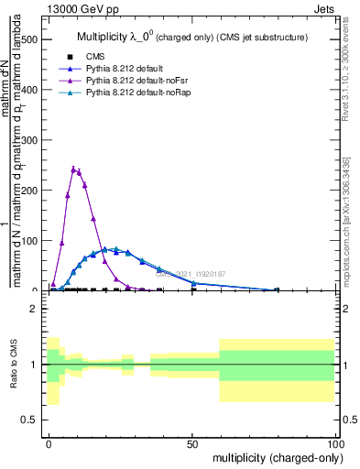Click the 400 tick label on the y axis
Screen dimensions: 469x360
coord(28,91)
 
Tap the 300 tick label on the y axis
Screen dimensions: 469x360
coord(28,141)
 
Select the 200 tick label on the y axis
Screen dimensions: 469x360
coord(28,191)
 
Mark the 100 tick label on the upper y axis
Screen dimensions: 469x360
coord(28,241)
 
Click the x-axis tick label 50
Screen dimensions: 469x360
coord(192,442)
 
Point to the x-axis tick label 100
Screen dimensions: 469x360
coord(335,442)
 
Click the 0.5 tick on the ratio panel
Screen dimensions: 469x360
coord(28,420)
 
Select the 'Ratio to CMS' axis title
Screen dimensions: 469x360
coord(13,365)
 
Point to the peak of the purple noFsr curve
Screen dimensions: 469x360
coord(73,169)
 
